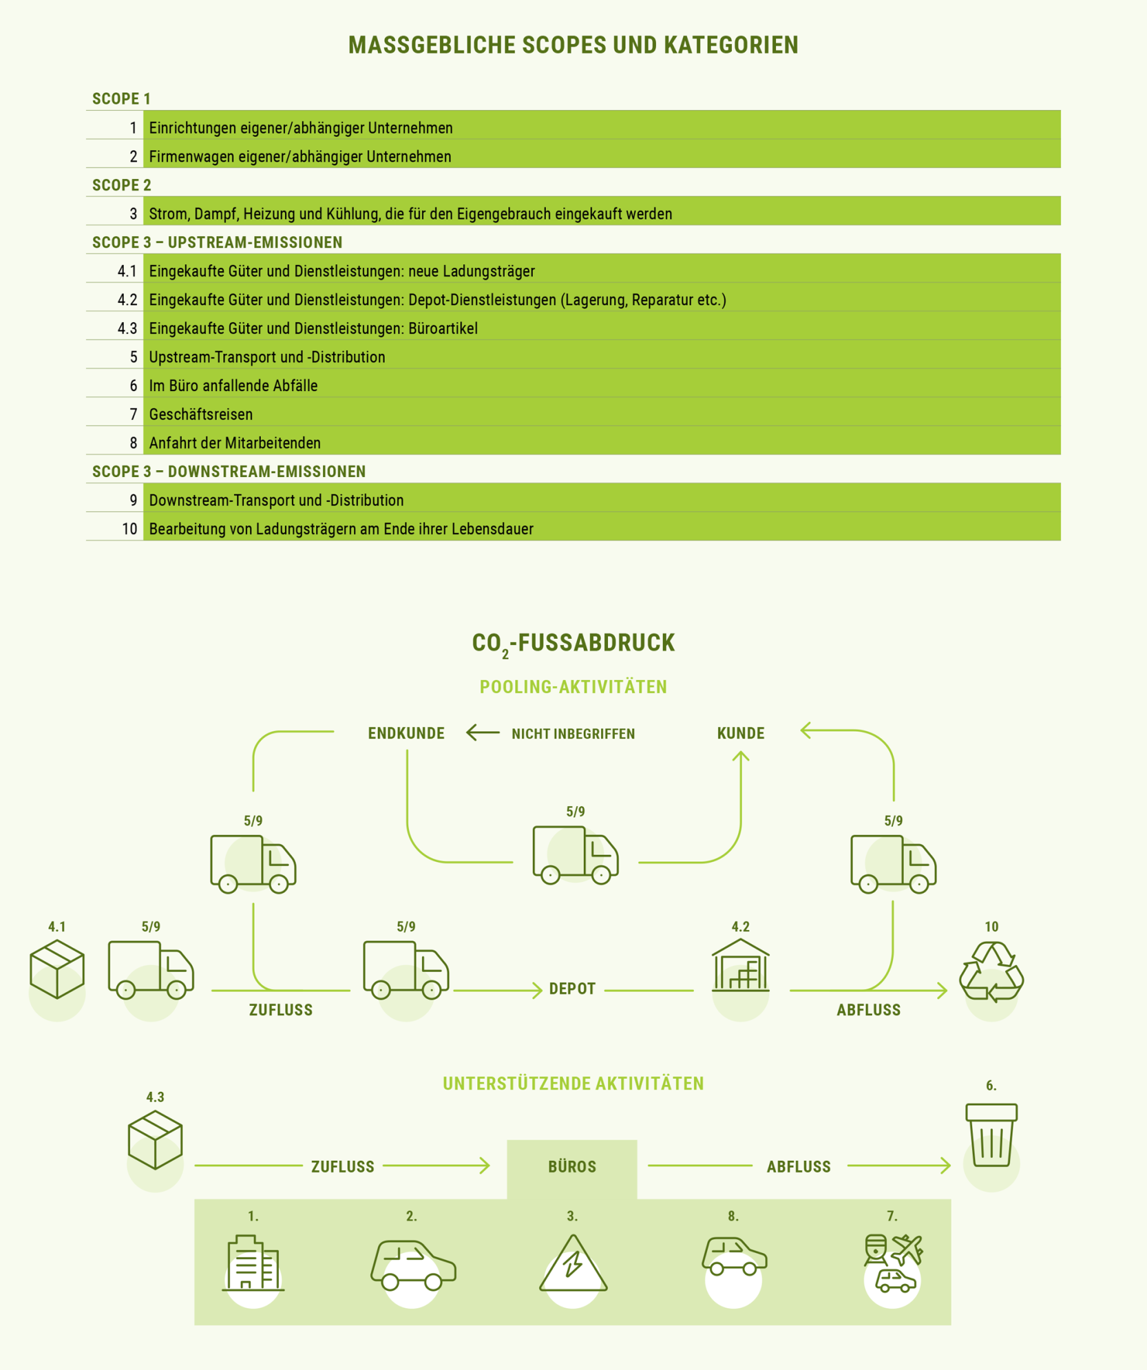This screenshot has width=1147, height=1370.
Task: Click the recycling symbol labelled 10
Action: (991, 971)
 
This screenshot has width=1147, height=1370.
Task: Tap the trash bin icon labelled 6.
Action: (991, 1135)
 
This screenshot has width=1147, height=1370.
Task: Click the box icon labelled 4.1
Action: (57, 969)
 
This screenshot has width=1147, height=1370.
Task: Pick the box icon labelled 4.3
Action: (155, 1139)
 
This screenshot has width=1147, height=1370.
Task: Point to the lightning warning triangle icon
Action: (573, 1263)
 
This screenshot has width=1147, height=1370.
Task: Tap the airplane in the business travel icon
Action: (907, 1250)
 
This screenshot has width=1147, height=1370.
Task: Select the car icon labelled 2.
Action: (412, 1265)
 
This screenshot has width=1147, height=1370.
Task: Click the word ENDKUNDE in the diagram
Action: (406, 733)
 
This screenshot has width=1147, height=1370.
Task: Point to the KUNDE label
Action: (741, 733)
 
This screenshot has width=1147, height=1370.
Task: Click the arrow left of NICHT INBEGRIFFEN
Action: (483, 733)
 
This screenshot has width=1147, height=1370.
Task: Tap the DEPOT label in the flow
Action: (572, 989)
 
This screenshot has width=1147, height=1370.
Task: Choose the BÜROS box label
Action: (572, 1166)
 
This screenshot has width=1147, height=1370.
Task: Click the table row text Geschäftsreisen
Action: (201, 414)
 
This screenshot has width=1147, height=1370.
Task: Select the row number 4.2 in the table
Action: (127, 299)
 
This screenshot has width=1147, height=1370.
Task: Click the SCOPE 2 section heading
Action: (122, 185)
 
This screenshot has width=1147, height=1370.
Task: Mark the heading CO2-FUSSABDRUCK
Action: (573, 644)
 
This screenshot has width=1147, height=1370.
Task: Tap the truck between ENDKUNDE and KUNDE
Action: (576, 855)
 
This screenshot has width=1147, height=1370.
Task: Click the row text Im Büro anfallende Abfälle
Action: (233, 386)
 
